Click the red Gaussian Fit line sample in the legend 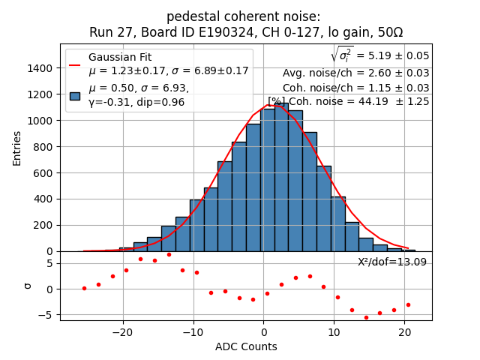point(74,64)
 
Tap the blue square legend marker point(74,95)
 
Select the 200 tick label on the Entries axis point(44,225)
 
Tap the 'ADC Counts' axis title point(246,346)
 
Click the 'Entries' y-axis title point(17,148)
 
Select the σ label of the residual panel point(27,285)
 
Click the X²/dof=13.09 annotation point(391,262)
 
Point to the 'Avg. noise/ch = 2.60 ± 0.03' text point(355,73)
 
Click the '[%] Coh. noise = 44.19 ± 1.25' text point(348,101)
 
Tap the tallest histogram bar point(281,177)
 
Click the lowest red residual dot point(366,317)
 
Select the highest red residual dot point(169,254)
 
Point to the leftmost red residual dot point(84,288)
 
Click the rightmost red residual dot point(408,304)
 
